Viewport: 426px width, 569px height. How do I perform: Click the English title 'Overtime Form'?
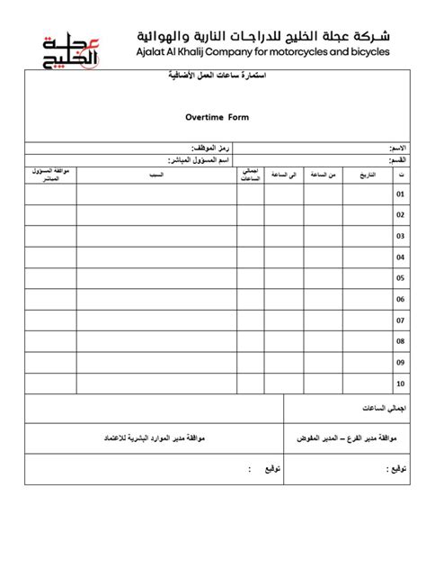click(217, 117)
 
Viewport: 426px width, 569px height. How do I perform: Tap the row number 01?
click(401, 193)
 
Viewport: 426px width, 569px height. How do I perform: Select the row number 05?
click(401, 276)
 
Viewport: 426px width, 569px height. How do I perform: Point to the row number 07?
click(401, 318)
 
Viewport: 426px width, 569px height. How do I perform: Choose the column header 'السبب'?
click(157, 173)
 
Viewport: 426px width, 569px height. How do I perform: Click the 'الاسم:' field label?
click(395, 147)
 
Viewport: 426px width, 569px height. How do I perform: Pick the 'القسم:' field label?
click(395, 159)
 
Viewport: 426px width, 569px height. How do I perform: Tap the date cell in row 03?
click(368, 235)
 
